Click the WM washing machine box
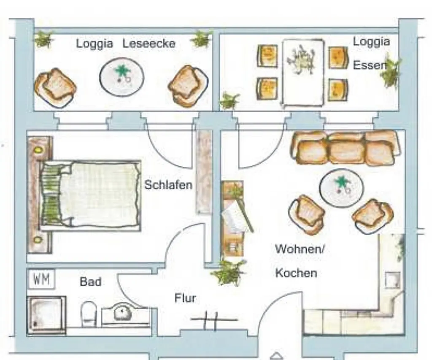(42, 279)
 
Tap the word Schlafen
(168, 185)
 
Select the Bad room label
(91, 282)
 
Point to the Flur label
(185, 298)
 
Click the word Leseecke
(149, 43)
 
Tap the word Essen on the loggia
(370, 65)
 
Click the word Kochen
(296, 273)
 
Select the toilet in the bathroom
(89, 314)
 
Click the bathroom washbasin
(122, 312)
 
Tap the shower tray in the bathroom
(46, 315)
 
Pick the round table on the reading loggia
(121, 77)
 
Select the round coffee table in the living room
(341, 187)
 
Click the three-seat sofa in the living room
(346, 148)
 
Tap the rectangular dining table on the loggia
(303, 73)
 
